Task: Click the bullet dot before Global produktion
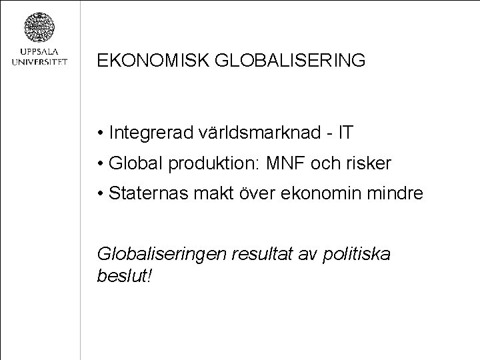pyautogui.click(x=99, y=164)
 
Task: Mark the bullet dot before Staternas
pyautogui.click(x=99, y=195)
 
